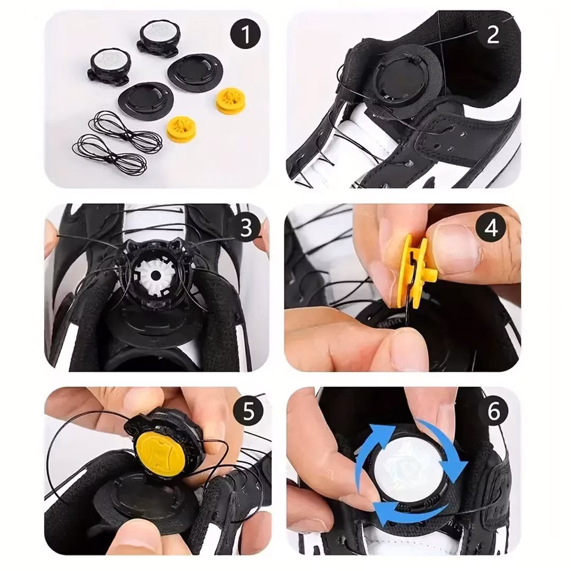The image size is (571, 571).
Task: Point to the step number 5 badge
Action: click(x=248, y=411)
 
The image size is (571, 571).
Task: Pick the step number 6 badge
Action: click(x=493, y=411)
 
